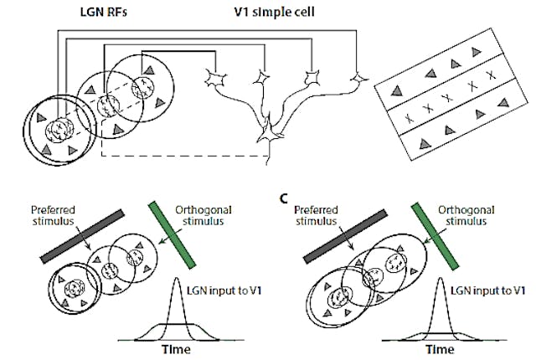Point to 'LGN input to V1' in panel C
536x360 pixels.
coord(489,290)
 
